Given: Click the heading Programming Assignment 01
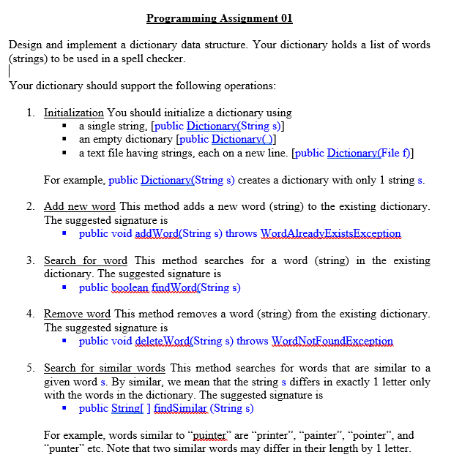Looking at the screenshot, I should click(x=219, y=18).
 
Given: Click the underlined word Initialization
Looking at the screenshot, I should click(x=73, y=113).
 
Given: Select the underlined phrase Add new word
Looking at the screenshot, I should click(x=79, y=206).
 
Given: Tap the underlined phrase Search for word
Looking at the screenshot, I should click(x=85, y=260).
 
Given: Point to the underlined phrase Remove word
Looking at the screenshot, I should click(x=77, y=314).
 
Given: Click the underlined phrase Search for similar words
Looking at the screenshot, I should click(x=104, y=368).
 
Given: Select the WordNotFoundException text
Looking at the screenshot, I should click(x=332, y=341).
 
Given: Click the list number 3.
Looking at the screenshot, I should click(x=30, y=260).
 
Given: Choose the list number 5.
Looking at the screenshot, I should click(x=30, y=368).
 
